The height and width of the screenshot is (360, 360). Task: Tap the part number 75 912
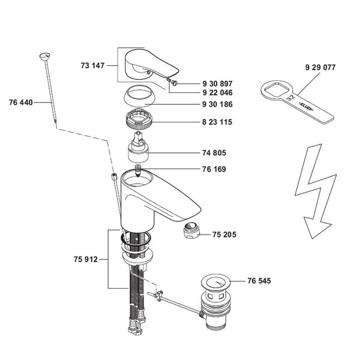pyautogui.click(x=86, y=260)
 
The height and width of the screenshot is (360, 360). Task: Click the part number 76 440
pyautogui.click(x=22, y=103)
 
